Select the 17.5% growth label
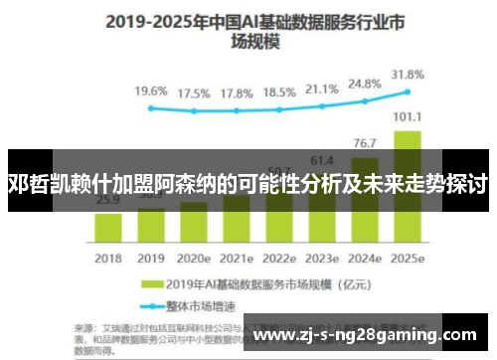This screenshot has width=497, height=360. [x=194, y=92]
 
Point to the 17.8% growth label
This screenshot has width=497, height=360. [x=237, y=92]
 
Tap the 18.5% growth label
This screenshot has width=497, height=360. [x=280, y=91]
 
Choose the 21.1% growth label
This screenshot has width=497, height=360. [x=323, y=90]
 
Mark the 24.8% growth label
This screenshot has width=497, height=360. [x=365, y=85]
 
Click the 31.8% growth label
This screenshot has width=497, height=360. [x=409, y=74]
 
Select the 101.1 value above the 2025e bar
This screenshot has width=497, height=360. [x=408, y=116]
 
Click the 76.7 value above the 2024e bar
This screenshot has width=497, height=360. [x=365, y=143]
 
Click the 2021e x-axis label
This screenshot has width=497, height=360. [x=237, y=258]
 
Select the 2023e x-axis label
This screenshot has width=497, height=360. [x=323, y=258]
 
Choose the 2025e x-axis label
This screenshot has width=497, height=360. [x=409, y=258]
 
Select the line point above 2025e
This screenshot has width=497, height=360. [x=409, y=90]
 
